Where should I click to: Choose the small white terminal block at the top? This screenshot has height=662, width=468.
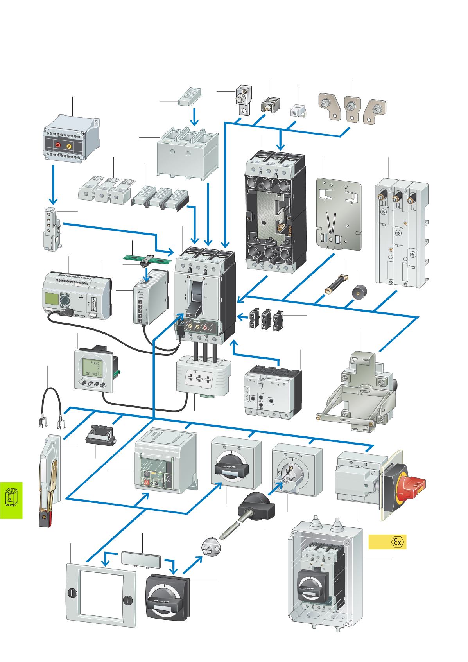299,110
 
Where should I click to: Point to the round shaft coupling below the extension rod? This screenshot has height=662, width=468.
209,547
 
